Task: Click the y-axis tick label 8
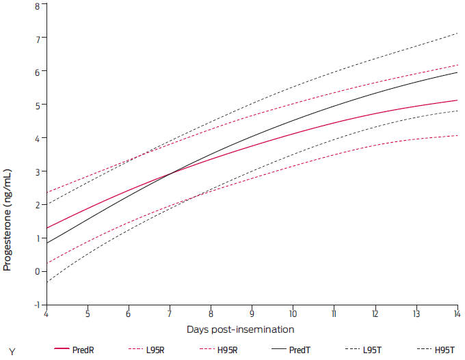37,5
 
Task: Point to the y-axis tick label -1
36,305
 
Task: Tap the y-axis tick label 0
37,271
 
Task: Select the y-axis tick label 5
37,105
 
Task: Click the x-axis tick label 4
46,314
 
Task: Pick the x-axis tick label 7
170,314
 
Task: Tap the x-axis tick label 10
293,314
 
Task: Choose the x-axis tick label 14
457,314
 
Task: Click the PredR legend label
83,350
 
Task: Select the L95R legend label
155,350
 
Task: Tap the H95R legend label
228,350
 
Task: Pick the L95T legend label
372,350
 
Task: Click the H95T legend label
444,350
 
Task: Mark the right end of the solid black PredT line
457,72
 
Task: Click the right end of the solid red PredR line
457,100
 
